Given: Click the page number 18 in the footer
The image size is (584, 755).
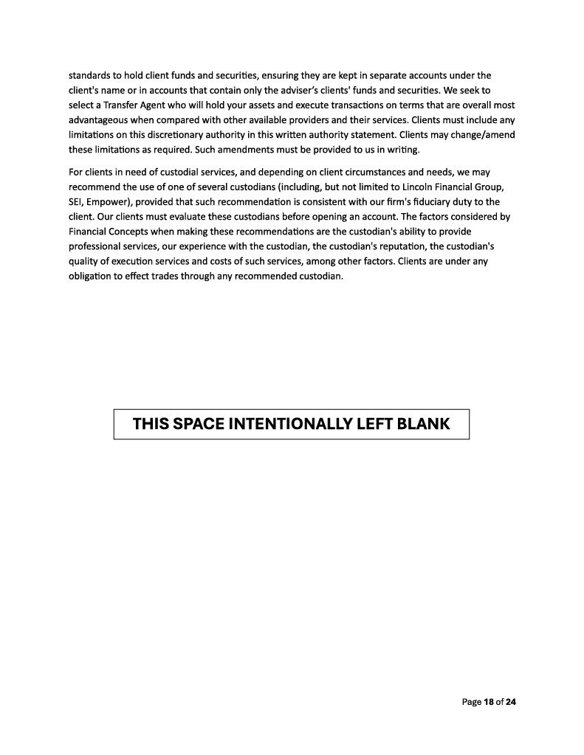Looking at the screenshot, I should click(489, 702).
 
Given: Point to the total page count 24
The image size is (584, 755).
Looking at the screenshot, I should click(510, 702).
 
